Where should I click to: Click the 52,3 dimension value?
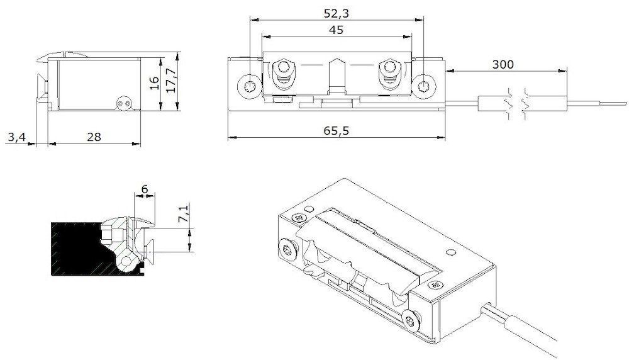(x=337, y=12)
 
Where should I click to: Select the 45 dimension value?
(x=337, y=29)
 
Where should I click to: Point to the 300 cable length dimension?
(x=503, y=64)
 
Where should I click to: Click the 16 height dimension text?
(x=155, y=84)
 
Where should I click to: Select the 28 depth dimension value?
(x=94, y=137)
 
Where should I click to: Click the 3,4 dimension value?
(x=16, y=137)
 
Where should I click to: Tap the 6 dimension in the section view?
(x=145, y=189)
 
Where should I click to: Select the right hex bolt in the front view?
(x=389, y=68)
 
